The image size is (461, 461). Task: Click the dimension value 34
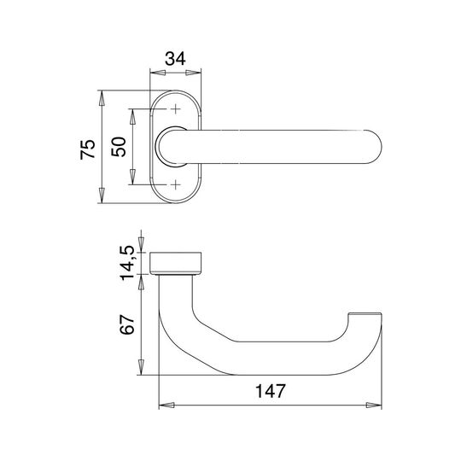(x=175, y=59)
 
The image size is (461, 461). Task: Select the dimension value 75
(x=88, y=149)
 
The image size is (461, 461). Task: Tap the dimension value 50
(x=119, y=147)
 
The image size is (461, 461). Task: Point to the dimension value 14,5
(x=127, y=263)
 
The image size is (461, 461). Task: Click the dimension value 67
(x=127, y=324)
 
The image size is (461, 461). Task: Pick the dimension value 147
(x=270, y=391)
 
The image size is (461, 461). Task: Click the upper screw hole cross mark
(x=176, y=109)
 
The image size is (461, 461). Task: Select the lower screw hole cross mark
(x=176, y=185)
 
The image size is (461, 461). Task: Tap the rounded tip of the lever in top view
(x=379, y=147)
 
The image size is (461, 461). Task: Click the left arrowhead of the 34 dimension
(x=157, y=73)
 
